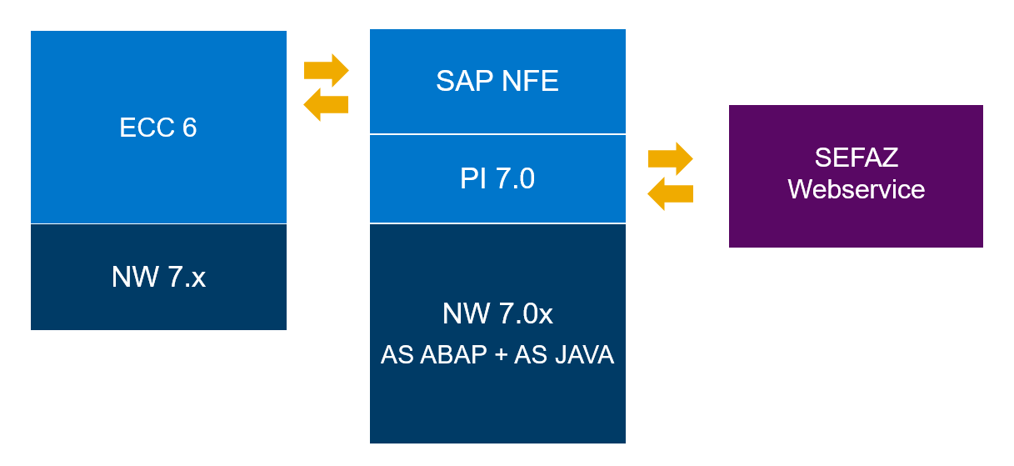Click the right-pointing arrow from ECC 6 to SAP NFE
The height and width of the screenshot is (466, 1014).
(326, 70)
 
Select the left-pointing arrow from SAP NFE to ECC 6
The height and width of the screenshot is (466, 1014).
(326, 104)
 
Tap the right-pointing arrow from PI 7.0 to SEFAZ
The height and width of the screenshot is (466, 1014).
(670, 158)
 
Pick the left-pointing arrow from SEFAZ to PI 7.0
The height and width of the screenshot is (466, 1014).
(670, 193)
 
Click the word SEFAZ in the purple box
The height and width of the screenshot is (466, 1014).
(856, 158)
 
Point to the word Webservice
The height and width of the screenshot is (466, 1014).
(856, 189)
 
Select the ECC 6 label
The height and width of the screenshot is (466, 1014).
(158, 128)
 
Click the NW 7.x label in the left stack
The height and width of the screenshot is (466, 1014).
(158, 277)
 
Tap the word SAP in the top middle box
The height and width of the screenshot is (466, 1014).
(463, 81)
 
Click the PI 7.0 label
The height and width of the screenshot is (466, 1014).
(497, 178)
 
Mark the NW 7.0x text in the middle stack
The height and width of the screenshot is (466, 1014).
(497, 314)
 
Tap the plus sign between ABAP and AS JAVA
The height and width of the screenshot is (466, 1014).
(500, 356)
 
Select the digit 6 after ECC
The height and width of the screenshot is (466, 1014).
(189, 128)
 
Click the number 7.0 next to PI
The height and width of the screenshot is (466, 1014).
(516, 178)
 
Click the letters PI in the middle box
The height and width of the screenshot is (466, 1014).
(472, 178)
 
